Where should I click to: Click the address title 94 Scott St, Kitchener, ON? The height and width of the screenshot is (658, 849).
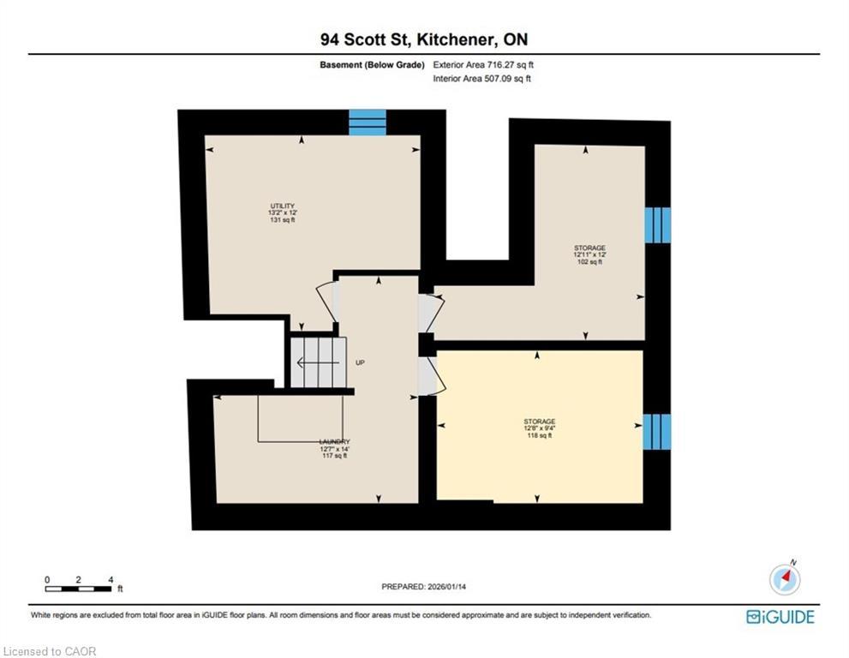click(x=424, y=39)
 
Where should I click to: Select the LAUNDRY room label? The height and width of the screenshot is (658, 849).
click(x=334, y=449)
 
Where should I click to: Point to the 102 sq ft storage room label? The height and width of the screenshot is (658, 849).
click(x=589, y=254)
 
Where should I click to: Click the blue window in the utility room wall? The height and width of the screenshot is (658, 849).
click(x=368, y=122)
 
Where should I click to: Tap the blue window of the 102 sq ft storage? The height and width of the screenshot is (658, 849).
click(x=657, y=225)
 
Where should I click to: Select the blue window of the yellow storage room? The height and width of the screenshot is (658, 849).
click(x=657, y=431)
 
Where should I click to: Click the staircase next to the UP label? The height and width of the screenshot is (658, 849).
click(x=319, y=362)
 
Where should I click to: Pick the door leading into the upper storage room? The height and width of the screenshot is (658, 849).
click(x=428, y=313)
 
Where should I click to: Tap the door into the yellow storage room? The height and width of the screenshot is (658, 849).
click(x=427, y=376)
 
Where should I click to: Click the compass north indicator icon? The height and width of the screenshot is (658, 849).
click(x=785, y=579)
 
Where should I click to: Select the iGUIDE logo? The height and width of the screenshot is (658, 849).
click(x=780, y=617)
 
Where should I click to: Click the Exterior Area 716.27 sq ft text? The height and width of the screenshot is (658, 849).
click(x=487, y=64)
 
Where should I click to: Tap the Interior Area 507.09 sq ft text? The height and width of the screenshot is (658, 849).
click(x=482, y=79)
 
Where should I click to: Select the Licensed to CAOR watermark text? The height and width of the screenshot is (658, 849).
click(x=50, y=651)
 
